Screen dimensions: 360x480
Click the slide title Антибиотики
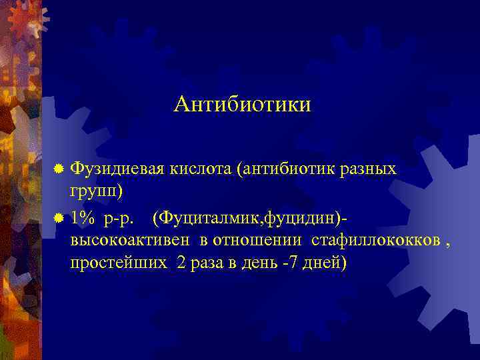242,105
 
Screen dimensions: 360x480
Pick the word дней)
324,263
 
